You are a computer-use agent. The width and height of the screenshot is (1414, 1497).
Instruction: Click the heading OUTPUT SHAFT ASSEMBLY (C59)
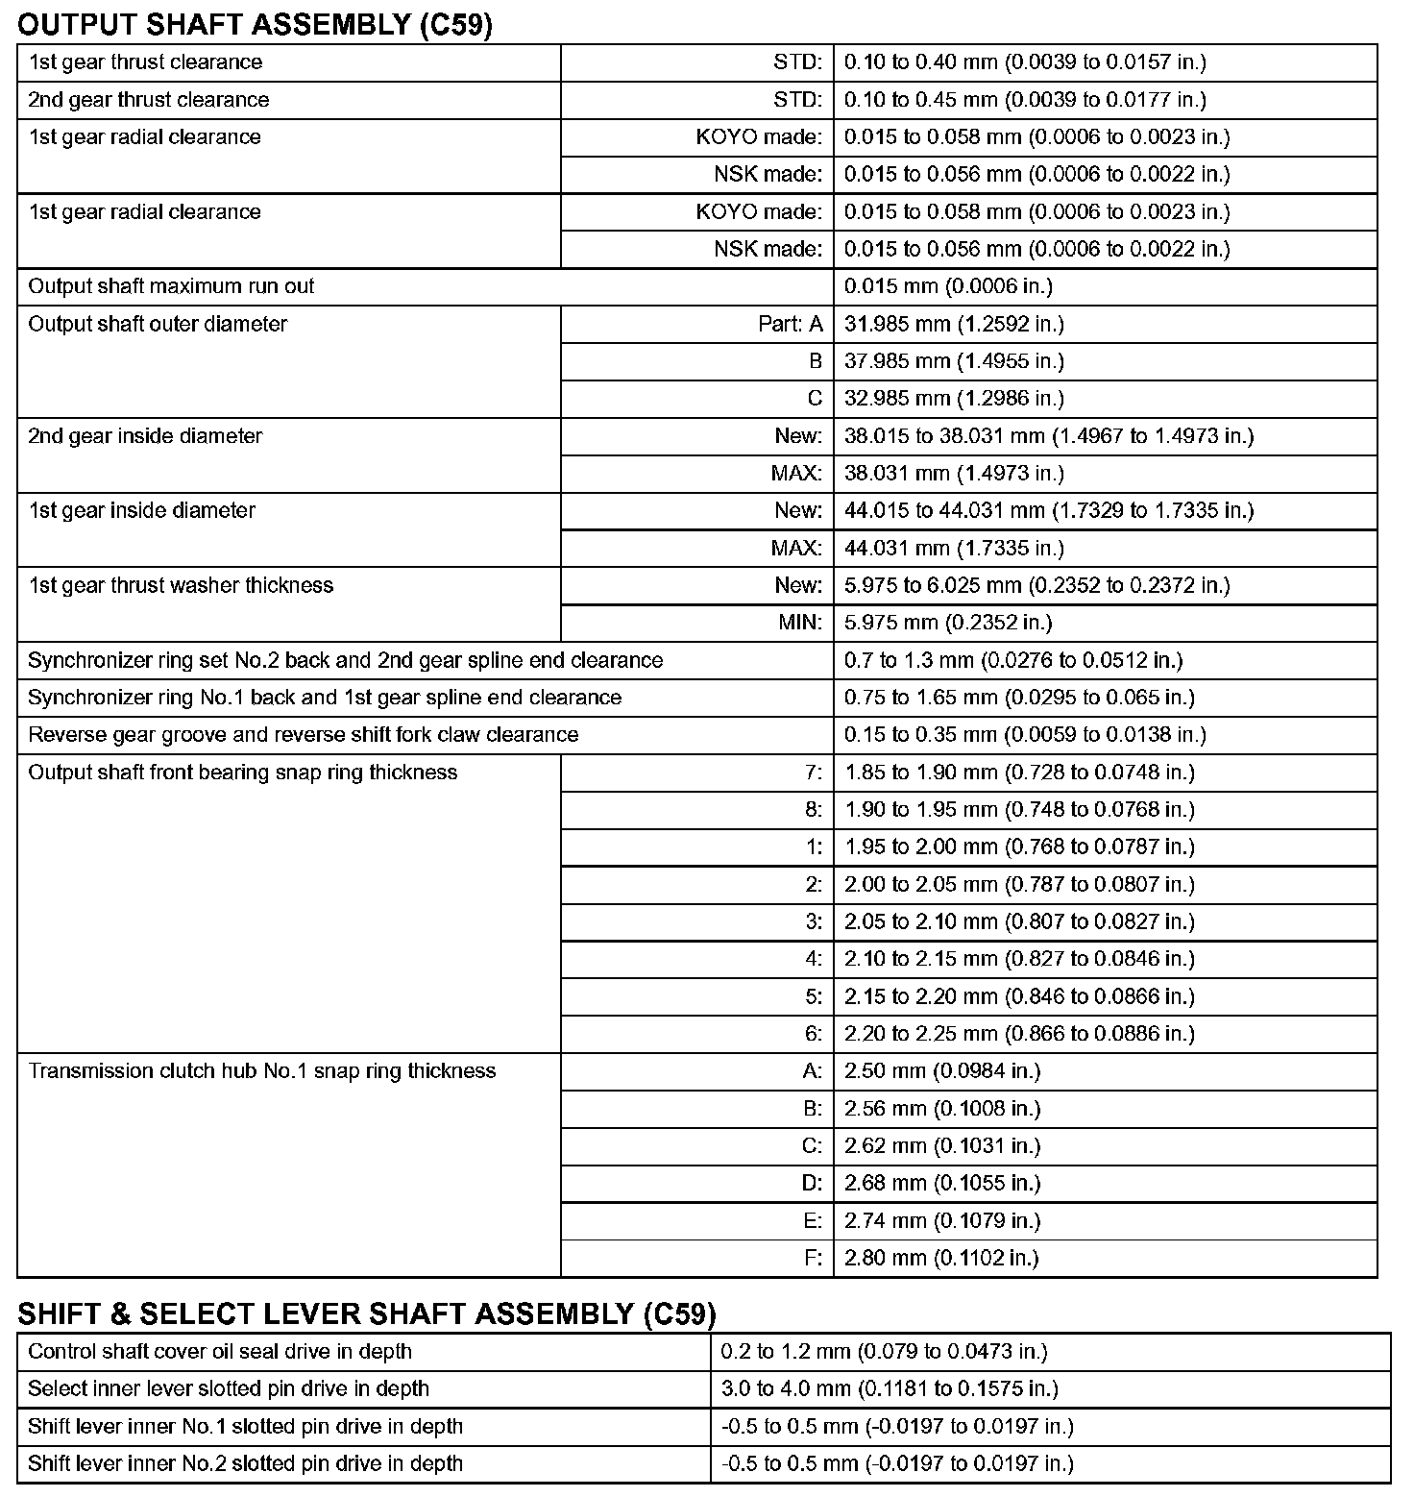[255, 24]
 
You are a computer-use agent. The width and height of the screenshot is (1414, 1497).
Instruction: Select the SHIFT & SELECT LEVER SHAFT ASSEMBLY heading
[367, 1313]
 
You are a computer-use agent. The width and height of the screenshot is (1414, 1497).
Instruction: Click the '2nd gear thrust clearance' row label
[149, 100]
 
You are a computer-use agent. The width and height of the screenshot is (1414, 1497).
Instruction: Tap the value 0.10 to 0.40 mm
[1025, 62]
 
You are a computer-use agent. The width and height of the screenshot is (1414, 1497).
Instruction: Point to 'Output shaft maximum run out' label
[171, 286]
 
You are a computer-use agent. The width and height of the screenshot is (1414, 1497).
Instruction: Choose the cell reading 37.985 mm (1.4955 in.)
[954, 361]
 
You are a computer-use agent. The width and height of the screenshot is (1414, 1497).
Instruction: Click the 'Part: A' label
[791, 324]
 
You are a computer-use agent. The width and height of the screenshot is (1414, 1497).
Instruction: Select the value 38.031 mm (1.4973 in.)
[954, 474]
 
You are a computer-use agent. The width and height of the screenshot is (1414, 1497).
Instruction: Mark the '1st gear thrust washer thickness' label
[181, 586]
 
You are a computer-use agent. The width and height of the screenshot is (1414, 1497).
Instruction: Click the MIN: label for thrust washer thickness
[800, 623]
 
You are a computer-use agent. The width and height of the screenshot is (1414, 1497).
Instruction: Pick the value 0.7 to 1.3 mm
[1013, 660]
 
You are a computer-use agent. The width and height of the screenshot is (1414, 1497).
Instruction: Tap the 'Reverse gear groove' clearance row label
[304, 735]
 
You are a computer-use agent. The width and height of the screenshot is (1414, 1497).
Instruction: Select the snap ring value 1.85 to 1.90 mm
[1019, 773]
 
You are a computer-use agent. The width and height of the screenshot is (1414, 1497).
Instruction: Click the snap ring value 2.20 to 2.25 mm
[1019, 1034]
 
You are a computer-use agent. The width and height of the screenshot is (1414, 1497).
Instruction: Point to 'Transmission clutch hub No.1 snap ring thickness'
[262, 1071]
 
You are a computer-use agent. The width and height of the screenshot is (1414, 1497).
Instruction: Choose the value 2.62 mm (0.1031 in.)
[942, 1146]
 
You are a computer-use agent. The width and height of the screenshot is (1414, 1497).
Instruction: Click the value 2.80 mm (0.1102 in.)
[941, 1259]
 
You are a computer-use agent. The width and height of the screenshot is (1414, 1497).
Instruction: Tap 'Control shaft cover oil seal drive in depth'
[220, 1352]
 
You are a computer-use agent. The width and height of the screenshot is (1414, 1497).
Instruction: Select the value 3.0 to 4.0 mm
[890, 1389]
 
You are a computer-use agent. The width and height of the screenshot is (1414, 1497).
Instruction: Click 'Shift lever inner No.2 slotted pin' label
[245, 1464]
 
